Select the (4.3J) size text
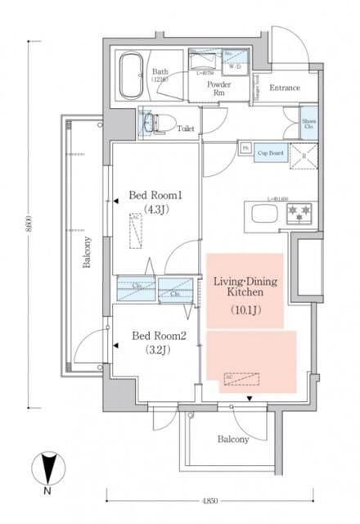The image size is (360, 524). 151,210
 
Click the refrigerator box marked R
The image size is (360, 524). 302,154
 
